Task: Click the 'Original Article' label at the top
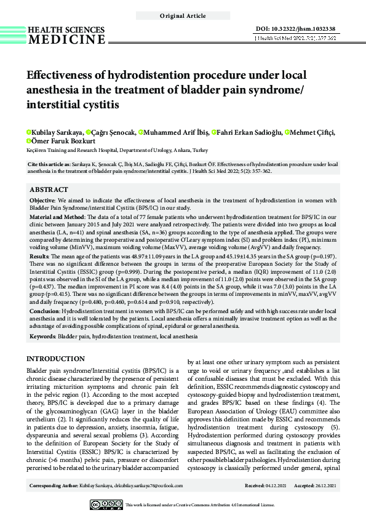click(x=183, y=15)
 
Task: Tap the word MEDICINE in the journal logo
click(x=66, y=40)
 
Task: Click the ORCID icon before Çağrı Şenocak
click(x=89, y=132)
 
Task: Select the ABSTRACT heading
click(x=49, y=190)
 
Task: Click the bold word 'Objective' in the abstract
click(x=44, y=201)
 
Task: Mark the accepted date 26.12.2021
click(x=324, y=486)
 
